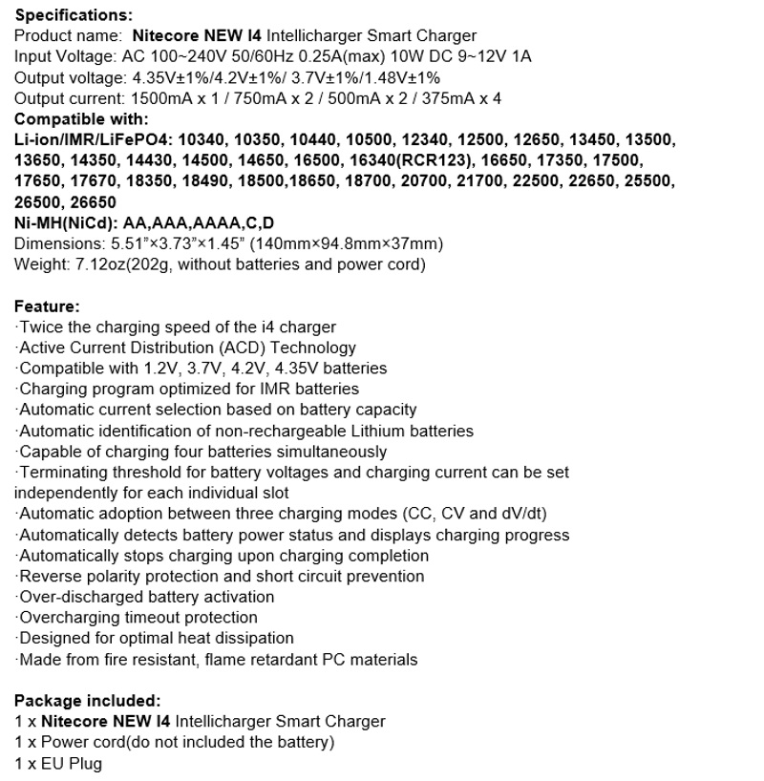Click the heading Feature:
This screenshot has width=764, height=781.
pos(47,306)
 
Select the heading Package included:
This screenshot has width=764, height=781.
pos(87,700)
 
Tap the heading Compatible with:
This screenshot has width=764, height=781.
pos(81,119)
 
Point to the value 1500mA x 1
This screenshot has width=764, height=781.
pos(156,98)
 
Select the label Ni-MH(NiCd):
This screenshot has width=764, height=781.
pos(66,222)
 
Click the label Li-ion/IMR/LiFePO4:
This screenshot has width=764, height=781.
pos(93,139)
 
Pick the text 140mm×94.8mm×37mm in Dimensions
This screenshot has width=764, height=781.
pos(358,243)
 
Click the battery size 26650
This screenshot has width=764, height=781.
pos(93,202)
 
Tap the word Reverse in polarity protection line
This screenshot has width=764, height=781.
pos(48,576)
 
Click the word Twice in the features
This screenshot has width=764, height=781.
pos(39,327)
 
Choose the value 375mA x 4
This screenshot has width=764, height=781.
pos(456,98)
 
